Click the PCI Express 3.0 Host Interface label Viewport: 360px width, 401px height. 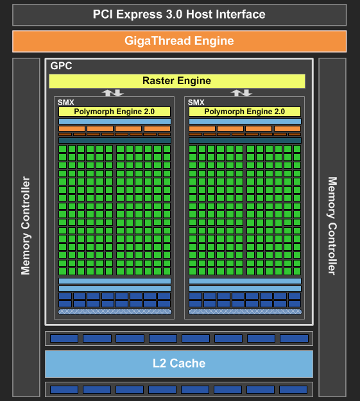[179, 14]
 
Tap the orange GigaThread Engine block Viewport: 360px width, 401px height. [180, 41]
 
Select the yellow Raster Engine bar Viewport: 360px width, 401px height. [177, 81]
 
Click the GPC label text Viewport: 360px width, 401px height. [61, 65]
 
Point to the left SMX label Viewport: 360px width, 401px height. [65, 103]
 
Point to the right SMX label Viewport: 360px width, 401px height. [196, 103]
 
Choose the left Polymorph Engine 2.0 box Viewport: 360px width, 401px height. [114, 112]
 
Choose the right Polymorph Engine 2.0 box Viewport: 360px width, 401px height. [244, 112]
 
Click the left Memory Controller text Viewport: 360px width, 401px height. [26, 226]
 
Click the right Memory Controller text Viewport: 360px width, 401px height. [332, 226]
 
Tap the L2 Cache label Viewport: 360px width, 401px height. [179, 363]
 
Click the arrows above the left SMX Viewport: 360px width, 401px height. [112, 93]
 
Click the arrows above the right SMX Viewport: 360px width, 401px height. [241, 93]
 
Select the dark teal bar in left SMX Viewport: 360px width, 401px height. [115, 141]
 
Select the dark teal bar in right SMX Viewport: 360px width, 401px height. [245, 141]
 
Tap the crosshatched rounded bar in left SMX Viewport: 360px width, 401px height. [115, 312]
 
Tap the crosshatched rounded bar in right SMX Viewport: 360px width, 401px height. [245, 312]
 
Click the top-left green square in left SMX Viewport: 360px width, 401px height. [62, 149]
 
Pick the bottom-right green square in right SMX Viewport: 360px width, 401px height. [297, 271]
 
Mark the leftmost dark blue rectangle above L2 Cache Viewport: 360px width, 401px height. [64, 338]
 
